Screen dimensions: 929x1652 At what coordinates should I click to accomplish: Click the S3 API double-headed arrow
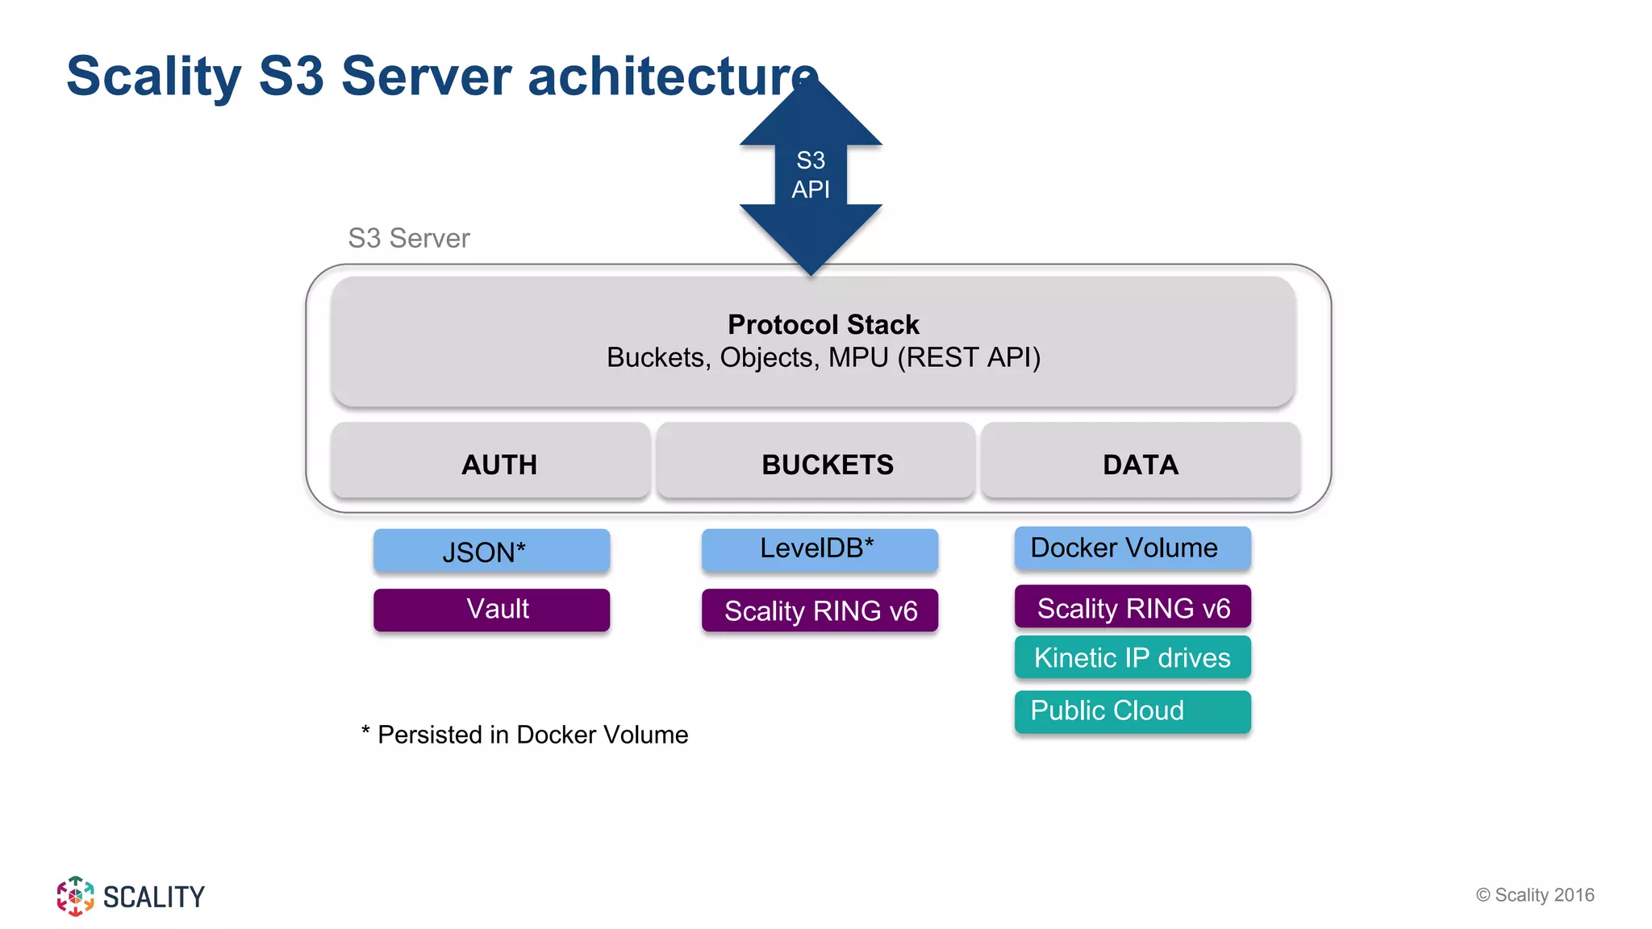(x=811, y=175)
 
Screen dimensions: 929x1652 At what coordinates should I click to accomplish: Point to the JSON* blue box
(x=491, y=552)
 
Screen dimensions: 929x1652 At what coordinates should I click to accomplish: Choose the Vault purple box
(x=491, y=610)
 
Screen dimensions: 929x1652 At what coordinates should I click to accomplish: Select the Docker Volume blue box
(x=1133, y=548)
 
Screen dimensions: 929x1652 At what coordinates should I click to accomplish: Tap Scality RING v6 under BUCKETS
(x=820, y=610)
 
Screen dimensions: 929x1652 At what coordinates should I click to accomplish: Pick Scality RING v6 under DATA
(x=1133, y=607)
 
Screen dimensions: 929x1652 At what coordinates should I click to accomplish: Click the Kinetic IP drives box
(x=1133, y=657)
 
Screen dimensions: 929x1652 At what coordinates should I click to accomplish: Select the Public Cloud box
(x=1133, y=711)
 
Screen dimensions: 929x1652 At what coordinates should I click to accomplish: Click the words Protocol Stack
(x=823, y=324)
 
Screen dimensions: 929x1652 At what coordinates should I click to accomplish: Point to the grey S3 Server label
(x=408, y=239)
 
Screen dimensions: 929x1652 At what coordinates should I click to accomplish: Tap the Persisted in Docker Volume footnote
(x=525, y=735)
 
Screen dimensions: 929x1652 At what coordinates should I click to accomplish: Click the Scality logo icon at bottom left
(x=75, y=896)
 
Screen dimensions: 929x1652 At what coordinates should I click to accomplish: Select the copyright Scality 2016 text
(x=1535, y=895)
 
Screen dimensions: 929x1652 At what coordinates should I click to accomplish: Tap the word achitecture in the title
(x=673, y=77)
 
